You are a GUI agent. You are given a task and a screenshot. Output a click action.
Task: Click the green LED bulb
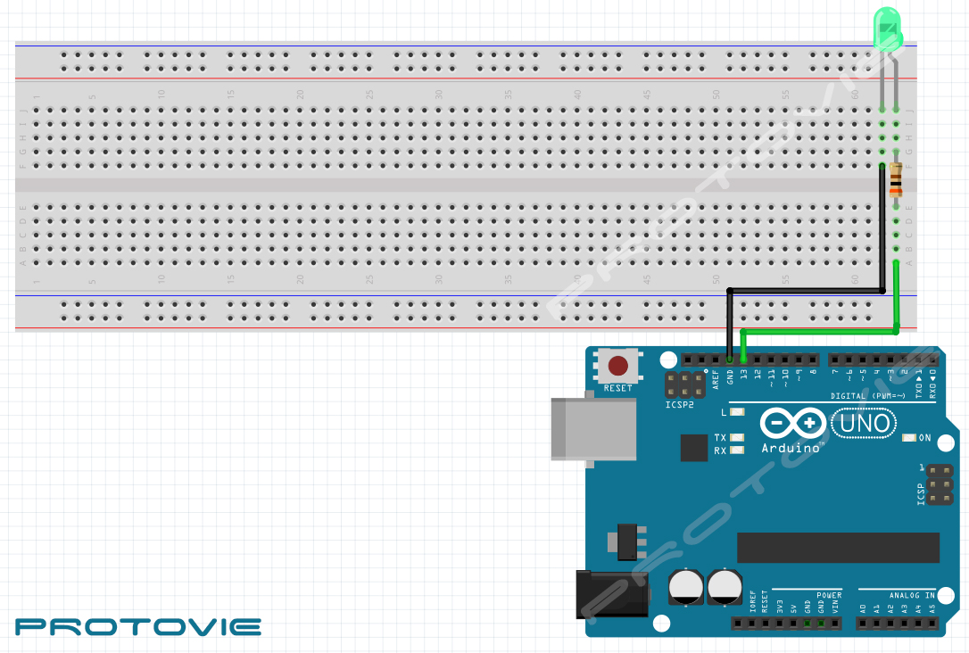[887, 29]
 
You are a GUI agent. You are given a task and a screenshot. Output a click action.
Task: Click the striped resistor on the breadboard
[895, 183]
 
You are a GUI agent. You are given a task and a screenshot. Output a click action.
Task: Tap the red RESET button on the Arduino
[617, 366]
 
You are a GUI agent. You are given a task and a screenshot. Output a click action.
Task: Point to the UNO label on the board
[864, 422]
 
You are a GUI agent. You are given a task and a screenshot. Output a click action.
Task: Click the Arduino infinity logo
[793, 422]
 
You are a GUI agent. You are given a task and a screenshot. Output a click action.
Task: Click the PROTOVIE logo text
[138, 626]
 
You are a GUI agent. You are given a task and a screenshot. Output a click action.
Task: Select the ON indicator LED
[909, 438]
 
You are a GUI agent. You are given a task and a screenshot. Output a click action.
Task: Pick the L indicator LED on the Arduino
[736, 412]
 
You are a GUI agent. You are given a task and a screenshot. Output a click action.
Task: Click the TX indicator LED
[736, 438]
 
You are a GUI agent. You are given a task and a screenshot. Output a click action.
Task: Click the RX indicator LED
[736, 450]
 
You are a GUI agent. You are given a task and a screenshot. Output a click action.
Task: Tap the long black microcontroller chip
[838, 548]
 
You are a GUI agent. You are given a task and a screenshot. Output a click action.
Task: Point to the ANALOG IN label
[912, 595]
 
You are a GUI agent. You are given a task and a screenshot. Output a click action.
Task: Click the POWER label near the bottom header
[829, 595]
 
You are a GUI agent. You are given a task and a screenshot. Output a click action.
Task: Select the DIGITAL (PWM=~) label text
[867, 395]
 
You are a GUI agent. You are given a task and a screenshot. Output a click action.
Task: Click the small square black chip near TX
[693, 448]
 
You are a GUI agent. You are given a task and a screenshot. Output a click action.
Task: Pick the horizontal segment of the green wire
[821, 331]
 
